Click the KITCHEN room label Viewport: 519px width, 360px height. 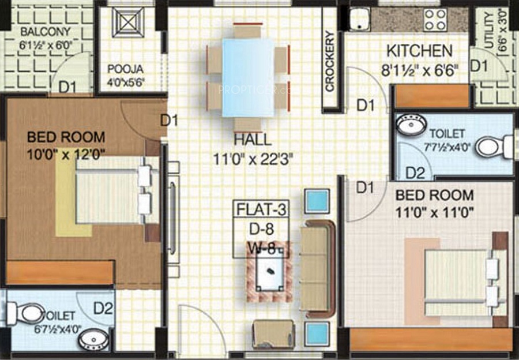[x=419, y=51]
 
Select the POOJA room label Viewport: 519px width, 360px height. [x=125, y=70]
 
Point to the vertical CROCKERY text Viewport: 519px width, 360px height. [x=330, y=62]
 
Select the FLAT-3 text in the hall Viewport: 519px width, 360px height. [x=261, y=209]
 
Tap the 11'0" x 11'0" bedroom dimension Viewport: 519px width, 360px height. [x=434, y=212]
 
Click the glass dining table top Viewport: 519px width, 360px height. [x=249, y=77]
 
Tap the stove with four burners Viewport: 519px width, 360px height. [x=435, y=20]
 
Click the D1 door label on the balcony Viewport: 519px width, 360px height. [x=68, y=87]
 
